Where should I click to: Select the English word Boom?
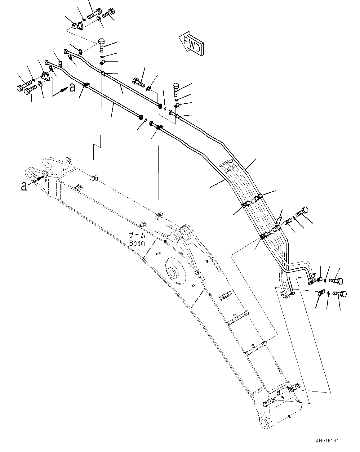point(137,243)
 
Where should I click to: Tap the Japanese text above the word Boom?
point(137,235)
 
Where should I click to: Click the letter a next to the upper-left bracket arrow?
point(72,88)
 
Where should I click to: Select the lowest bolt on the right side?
point(340,293)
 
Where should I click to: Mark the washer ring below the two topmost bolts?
point(99,19)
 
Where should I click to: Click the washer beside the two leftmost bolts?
point(40,83)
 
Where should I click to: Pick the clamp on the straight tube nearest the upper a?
point(86,84)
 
